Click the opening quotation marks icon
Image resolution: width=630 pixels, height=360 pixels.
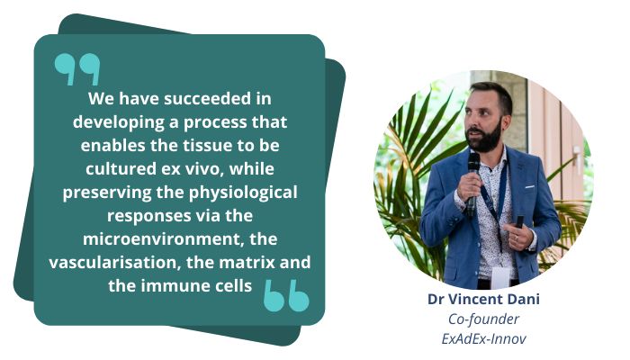pos(77,68)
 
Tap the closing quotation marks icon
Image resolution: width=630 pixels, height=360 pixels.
pos(286,296)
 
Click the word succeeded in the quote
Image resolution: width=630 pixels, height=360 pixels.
pos(207,99)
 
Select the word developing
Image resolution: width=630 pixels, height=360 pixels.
pos(119,122)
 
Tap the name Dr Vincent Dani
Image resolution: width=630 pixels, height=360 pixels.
pos(484,300)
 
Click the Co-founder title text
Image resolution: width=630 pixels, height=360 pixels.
pos(484,319)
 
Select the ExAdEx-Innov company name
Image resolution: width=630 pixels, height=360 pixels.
pos(484,339)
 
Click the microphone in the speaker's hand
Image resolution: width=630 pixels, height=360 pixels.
pos(472,180)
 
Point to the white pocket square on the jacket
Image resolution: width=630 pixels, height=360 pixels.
pos(530,187)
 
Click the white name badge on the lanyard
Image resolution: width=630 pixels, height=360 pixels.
pos(500,277)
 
